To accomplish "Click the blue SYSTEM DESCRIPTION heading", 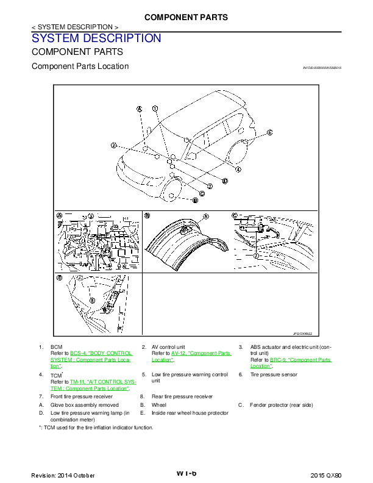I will pos(96,38).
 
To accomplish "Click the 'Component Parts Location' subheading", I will pos(80,66).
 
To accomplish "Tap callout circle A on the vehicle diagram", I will pos(139,109).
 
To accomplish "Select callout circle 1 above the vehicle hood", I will pos(155,109).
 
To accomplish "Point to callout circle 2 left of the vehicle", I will pos(113,145).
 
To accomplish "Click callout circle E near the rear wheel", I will pos(269,132).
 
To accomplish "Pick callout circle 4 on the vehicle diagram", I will pos(238,169).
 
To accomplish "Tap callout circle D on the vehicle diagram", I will pos(225,181).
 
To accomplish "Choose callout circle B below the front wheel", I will pos(195,199).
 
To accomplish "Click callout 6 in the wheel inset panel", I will pos(205,216).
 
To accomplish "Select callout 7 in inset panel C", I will pos(257,256).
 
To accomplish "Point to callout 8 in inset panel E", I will pos(91,300).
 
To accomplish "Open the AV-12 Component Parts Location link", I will pos(191,356).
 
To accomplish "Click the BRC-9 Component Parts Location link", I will pos(291,363).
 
